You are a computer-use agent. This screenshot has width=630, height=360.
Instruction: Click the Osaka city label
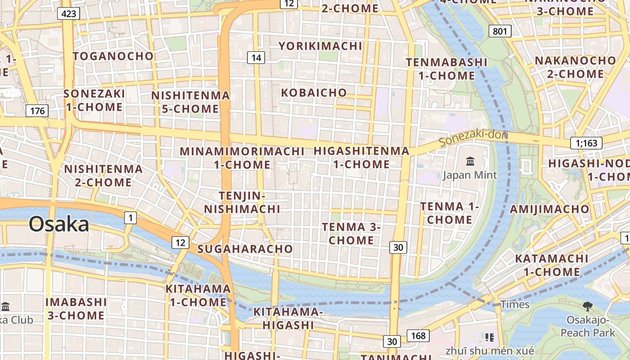point(59,224)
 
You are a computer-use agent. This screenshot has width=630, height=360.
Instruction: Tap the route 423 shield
point(68,13)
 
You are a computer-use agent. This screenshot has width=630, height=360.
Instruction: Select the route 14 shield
point(256,58)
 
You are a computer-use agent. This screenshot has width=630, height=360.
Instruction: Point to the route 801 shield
point(499,31)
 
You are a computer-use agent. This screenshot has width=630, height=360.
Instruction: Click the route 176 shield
point(37,111)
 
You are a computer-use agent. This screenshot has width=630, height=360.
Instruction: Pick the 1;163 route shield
point(586,143)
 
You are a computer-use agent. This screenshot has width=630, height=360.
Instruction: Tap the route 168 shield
point(418,336)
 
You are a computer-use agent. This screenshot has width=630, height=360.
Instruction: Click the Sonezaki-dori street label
point(473,138)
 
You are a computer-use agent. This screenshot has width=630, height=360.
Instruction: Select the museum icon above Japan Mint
point(470,161)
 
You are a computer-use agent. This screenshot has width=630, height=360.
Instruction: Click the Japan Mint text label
point(470,175)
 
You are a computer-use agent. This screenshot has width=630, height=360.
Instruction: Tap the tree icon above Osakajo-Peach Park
point(587,306)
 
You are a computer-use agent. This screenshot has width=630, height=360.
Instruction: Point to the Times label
point(515,305)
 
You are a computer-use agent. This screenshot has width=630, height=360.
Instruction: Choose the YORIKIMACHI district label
point(320,46)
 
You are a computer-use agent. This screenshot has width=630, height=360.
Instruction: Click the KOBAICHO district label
point(314,93)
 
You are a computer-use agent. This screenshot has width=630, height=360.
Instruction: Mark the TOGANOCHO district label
point(113,56)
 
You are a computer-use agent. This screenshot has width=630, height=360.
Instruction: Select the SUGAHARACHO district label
point(245,249)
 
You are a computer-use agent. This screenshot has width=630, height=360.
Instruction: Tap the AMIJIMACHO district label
point(549,209)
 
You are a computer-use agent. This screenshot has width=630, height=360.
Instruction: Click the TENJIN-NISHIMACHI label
point(242,202)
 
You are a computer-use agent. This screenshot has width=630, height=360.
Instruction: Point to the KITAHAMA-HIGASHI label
point(288,318)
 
